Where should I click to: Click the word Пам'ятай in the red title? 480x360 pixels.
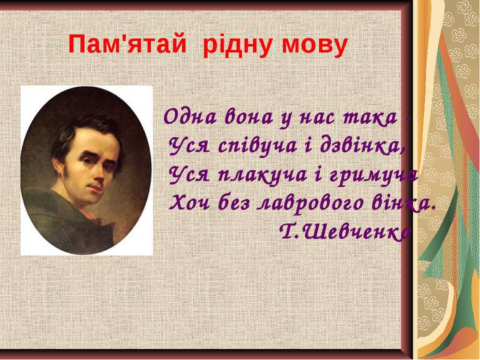pyautogui.click(x=127, y=45)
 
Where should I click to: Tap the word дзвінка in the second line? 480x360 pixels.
pyautogui.click(x=362, y=145)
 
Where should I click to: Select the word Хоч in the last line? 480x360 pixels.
pyautogui.click(x=190, y=202)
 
